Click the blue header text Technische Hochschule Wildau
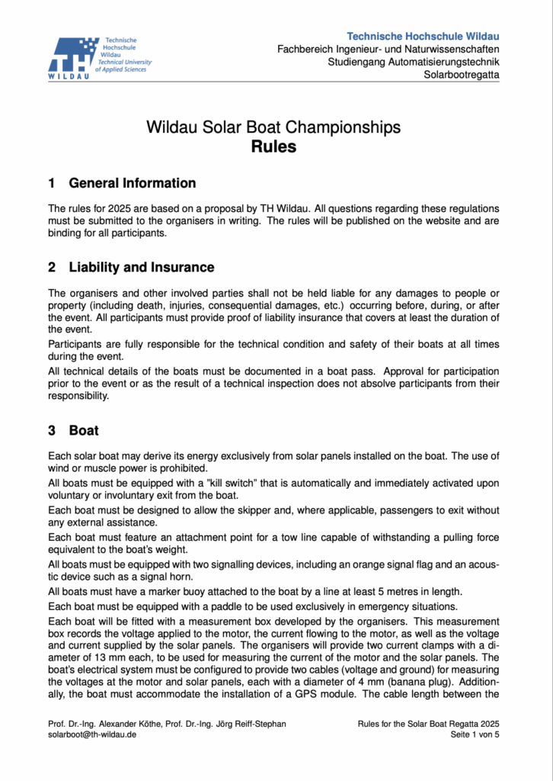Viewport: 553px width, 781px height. (423, 37)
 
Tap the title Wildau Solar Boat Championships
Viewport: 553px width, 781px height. (273, 127)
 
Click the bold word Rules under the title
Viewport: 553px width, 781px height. (273, 146)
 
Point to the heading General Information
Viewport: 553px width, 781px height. (132, 183)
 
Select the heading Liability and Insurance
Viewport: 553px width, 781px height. (141, 267)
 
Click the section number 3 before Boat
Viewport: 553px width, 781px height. (52, 430)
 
